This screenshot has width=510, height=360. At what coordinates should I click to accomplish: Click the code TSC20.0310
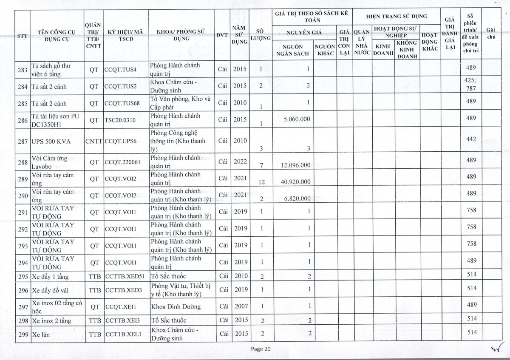click(x=120, y=120)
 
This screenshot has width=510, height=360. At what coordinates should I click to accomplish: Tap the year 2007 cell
click(x=240, y=306)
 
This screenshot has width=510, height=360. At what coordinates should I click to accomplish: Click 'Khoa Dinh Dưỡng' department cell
click(x=176, y=306)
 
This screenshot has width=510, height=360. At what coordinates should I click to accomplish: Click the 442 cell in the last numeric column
click(x=471, y=139)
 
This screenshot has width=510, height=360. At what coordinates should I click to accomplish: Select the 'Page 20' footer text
click(x=261, y=349)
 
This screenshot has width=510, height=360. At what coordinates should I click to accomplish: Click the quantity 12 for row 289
click(x=261, y=182)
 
